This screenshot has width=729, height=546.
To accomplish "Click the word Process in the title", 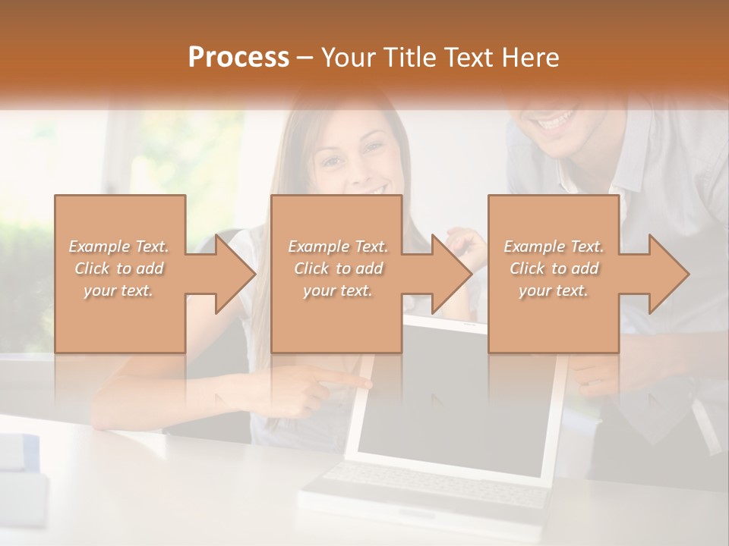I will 238,58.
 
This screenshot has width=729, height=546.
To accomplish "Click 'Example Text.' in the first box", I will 119,246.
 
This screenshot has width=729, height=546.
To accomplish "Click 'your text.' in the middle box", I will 337,290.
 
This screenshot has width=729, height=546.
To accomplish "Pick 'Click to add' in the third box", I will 554,268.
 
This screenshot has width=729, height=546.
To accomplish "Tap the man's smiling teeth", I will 556,120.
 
